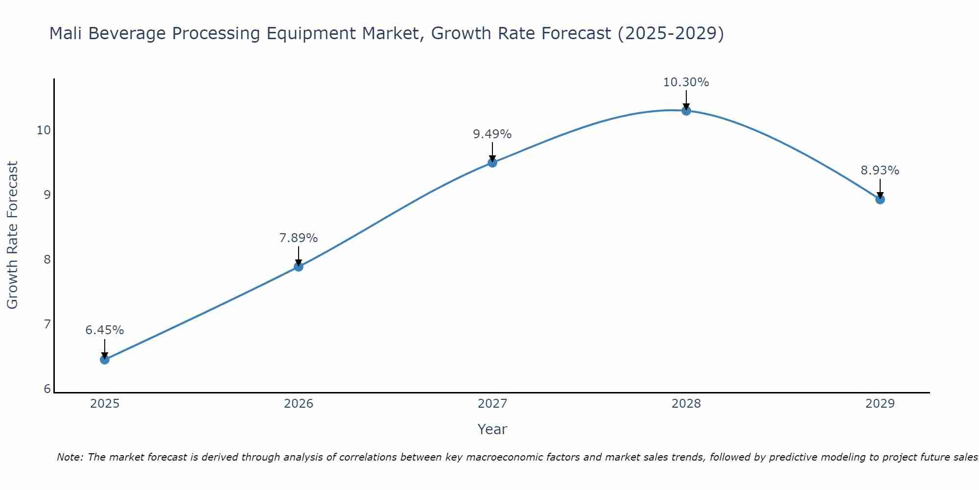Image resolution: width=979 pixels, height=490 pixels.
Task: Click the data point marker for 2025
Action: [105, 360]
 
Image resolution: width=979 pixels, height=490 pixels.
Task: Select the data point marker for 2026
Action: [299, 267]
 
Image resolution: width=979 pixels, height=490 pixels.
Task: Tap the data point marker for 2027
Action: [492, 163]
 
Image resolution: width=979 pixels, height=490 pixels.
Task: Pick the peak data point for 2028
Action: [686, 111]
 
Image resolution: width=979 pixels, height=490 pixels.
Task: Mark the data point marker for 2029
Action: [880, 199]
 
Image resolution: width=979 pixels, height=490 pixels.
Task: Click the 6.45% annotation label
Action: [105, 330]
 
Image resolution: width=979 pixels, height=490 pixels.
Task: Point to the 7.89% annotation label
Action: [299, 238]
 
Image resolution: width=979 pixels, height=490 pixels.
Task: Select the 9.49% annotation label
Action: [492, 134]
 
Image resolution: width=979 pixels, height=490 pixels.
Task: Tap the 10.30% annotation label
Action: [686, 82]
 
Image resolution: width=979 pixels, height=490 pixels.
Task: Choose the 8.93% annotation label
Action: [880, 171]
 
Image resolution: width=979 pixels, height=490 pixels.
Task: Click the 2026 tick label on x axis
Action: [299, 404]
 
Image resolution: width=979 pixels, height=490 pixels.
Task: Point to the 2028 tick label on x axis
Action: [686, 404]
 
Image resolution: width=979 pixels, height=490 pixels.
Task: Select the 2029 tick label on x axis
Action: [880, 404]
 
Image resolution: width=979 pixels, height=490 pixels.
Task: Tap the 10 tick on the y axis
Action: [44, 130]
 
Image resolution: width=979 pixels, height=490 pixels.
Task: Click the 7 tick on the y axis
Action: [47, 324]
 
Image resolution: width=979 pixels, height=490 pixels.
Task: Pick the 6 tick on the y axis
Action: [47, 389]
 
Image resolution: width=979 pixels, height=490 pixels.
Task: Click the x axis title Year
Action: [492, 429]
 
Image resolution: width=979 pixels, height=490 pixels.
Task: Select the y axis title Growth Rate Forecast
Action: [12, 235]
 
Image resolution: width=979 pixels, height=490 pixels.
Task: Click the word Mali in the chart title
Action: [67, 34]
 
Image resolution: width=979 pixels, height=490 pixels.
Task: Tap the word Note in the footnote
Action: [70, 457]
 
